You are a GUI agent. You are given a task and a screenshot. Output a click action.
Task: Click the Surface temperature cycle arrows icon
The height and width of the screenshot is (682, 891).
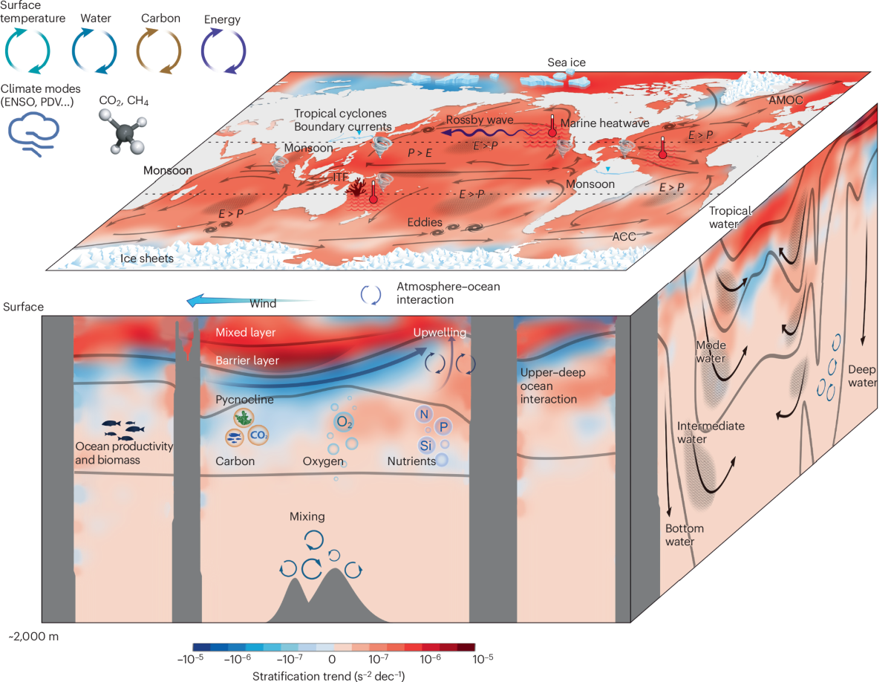pos(28,51)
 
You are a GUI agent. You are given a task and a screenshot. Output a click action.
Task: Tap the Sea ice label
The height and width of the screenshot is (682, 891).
pos(567,63)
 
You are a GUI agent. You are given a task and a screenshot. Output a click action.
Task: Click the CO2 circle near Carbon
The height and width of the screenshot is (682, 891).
pos(258,435)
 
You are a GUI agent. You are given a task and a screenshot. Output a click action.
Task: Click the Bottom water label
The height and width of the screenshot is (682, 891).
pos(684,535)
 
